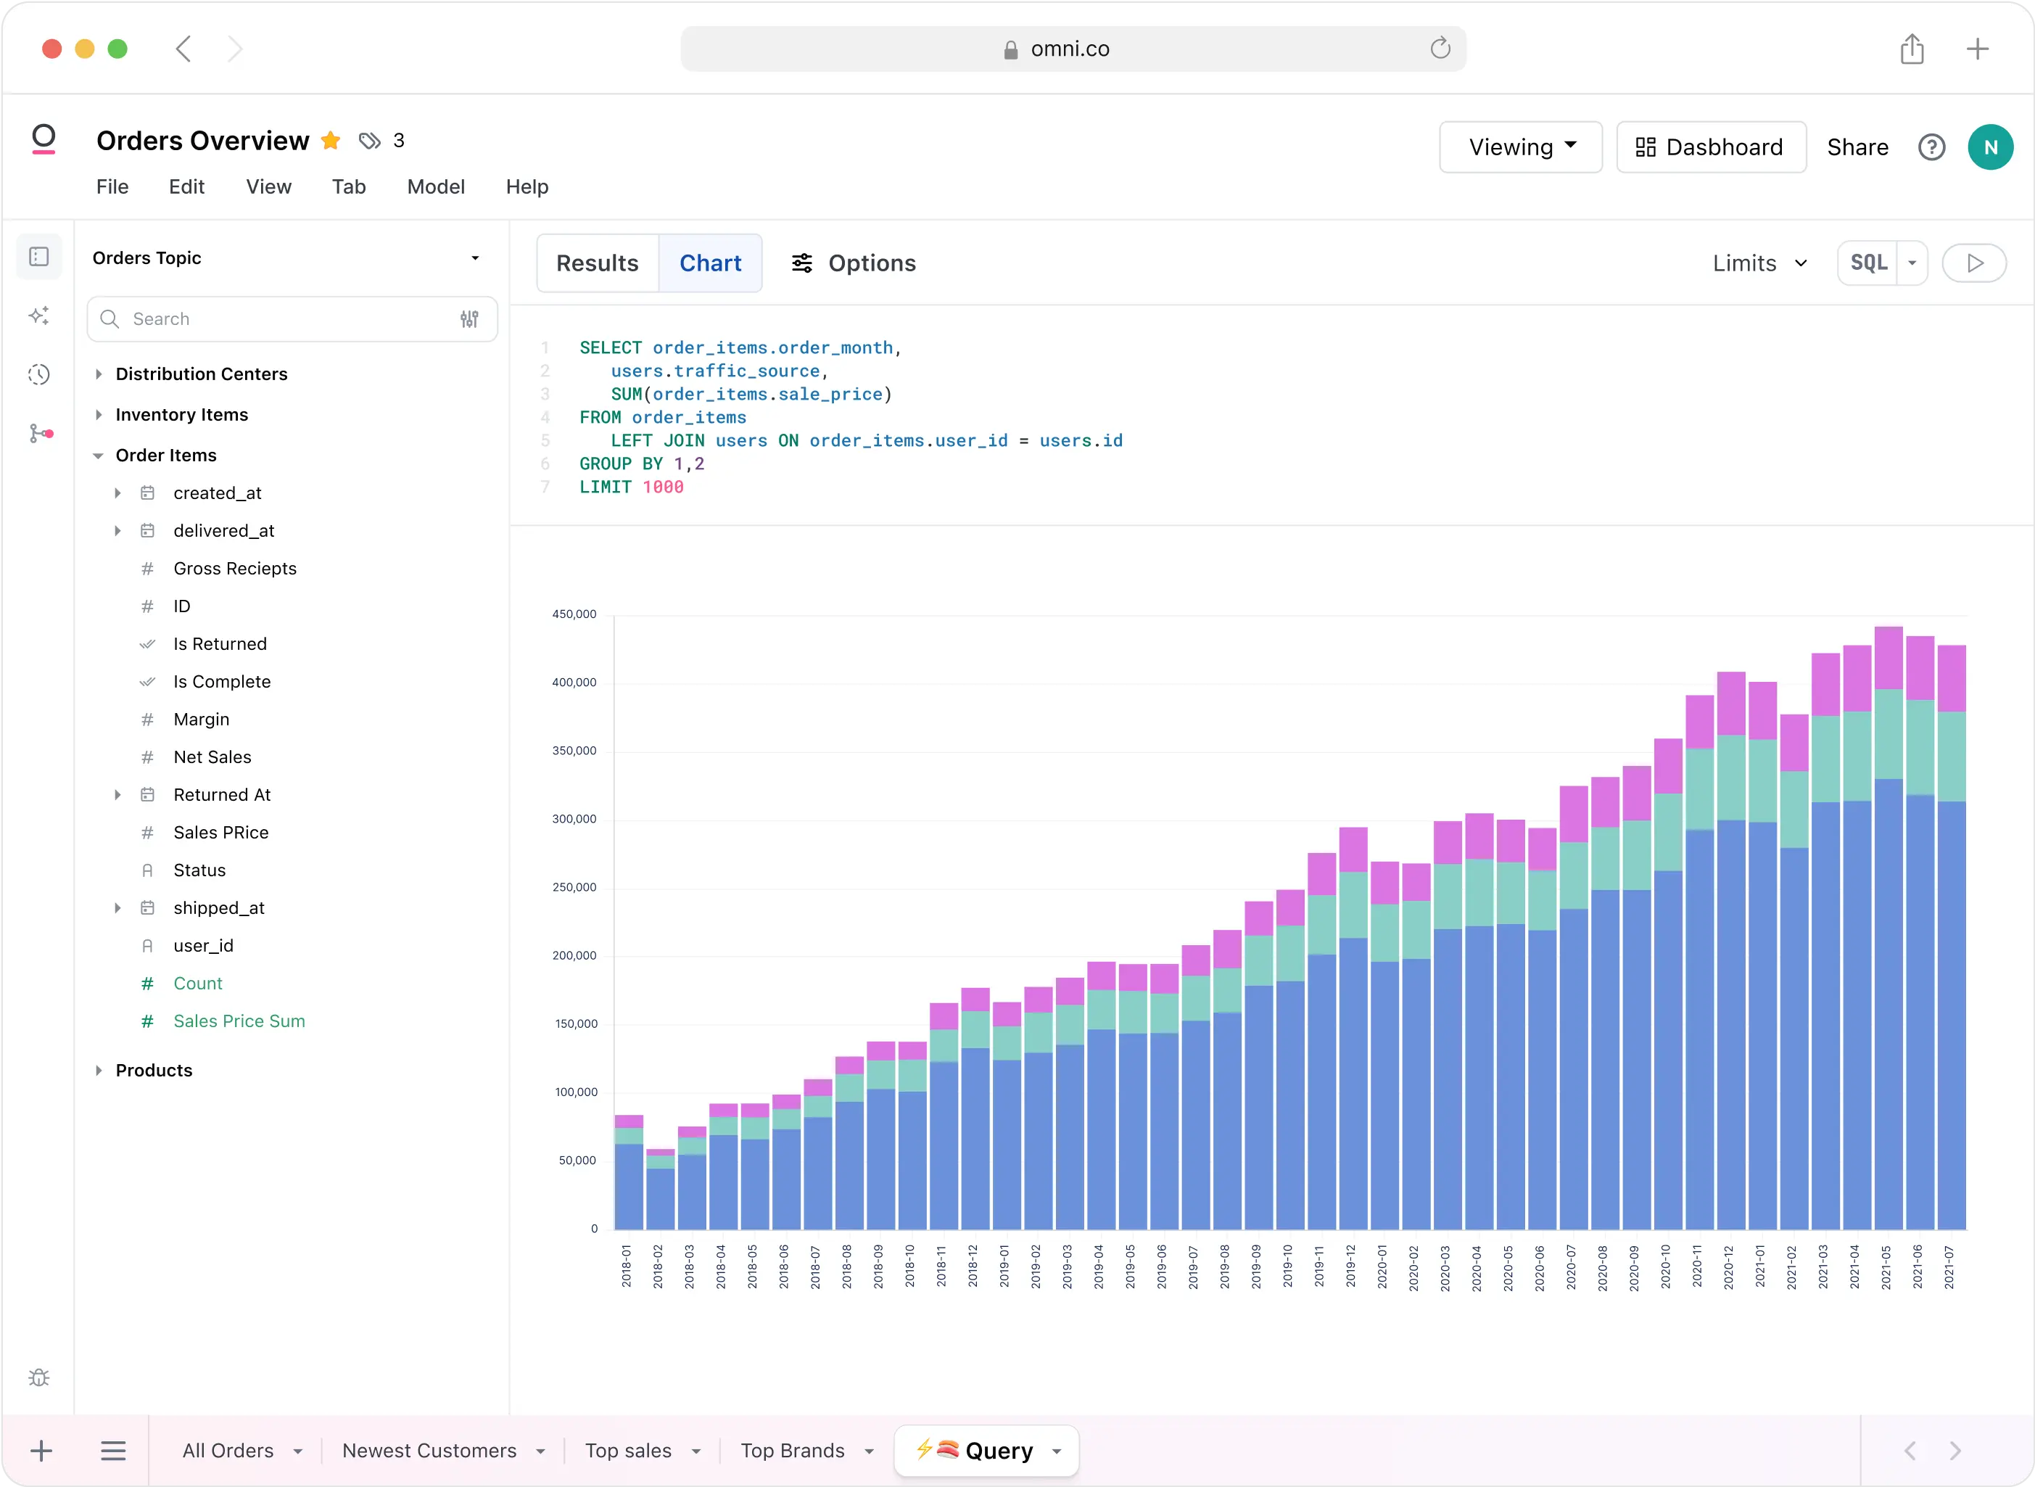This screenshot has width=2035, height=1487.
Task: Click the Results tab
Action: (597, 263)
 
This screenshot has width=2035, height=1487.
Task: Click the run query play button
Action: (1974, 263)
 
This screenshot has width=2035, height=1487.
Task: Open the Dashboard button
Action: (1710, 147)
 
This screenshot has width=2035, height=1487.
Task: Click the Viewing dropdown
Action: (1520, 147)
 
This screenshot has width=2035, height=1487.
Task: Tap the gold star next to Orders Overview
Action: (330, 141)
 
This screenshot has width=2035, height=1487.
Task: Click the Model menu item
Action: (436, 186)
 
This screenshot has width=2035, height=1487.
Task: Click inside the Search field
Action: (288, 318)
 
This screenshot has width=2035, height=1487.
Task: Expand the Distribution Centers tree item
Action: (201, 374)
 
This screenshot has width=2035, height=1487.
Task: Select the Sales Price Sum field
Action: (239, 1021)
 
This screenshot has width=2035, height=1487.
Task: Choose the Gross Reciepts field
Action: (234, 568)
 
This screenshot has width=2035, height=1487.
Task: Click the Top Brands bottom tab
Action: (792, 1450)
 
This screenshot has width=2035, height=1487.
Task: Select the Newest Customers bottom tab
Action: (429, 1450)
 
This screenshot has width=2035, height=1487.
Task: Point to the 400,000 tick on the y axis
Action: (574, 683)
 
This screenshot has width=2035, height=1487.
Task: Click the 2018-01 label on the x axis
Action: (627, 1266)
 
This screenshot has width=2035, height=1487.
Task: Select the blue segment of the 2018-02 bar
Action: (660, 1199)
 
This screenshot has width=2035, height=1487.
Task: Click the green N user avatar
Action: (1989, 147)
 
